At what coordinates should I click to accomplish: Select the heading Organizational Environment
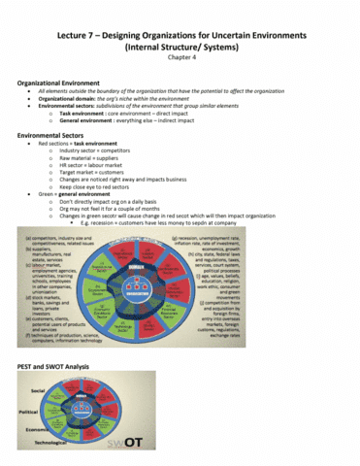pyautogui.click(x=64, y=83)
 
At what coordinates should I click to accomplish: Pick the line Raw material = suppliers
pyautogui.click(x=98, y=159)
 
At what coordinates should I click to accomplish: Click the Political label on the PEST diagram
pyautogui.click(x=29, y=412)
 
